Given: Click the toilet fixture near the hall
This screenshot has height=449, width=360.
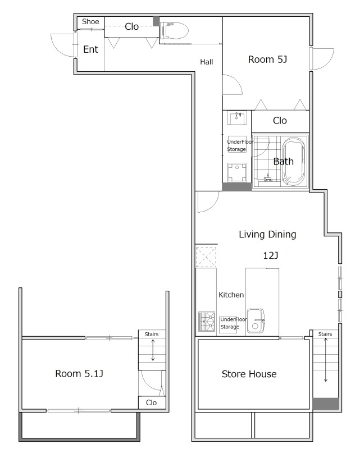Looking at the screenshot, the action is tap(174, 30).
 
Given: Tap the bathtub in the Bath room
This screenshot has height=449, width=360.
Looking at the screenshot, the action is tap(293, 162).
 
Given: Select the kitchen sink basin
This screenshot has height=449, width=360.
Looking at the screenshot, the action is tap(256, 320).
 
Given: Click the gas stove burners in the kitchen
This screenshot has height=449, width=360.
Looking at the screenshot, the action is tap(207, 321).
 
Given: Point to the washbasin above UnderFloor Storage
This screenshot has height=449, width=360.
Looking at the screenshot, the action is tap(237, 118).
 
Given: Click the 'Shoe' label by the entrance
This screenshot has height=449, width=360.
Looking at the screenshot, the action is tap(90, 21).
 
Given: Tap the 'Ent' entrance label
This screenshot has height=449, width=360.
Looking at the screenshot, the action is tap(90, 49).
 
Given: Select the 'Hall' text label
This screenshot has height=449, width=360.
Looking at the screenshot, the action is tap(206, 62).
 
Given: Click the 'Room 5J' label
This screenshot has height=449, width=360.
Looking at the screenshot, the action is tap(267, 59).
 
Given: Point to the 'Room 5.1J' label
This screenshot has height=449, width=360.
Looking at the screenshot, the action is tap(79, 373).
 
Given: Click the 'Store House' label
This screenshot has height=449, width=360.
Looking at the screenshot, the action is tap(249, 374).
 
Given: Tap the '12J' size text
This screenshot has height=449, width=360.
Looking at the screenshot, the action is tap(271, 255).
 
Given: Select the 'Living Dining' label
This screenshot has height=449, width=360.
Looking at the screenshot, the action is tap(267, 234).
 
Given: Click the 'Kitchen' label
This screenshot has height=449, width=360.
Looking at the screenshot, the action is tap(231, 295).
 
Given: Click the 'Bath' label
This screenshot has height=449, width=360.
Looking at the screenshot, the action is tap(283, 162).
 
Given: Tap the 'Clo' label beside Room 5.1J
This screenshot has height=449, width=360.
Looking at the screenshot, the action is tap(151, 402).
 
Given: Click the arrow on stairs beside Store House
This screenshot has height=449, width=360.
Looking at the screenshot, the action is tap(326, 360).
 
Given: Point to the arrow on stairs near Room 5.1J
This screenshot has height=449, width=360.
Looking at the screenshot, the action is tap(153, 350).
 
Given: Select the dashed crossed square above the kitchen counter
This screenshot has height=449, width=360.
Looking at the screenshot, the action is tap(206, 257).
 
